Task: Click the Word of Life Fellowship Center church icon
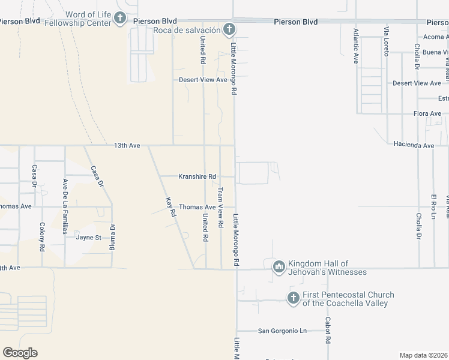[x=120, y=18]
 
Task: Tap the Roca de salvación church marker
[x=229, y=29]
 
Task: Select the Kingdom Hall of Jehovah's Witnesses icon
[x=279, y=267]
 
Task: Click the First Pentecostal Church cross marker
[x=293, y=298]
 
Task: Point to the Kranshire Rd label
[x=197, y=176]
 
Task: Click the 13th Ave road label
[x=127, y=145]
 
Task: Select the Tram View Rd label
[x=220, y=208]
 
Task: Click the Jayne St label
[x=89, y=237]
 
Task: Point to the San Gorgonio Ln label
[x=282, y=331]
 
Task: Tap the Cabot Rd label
[x=328, y=330]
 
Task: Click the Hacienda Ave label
[x=414, y=145]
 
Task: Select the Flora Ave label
[x=427, y=113]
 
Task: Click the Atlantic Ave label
[x=356, y=46]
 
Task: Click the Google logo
[x=20, y=353]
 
